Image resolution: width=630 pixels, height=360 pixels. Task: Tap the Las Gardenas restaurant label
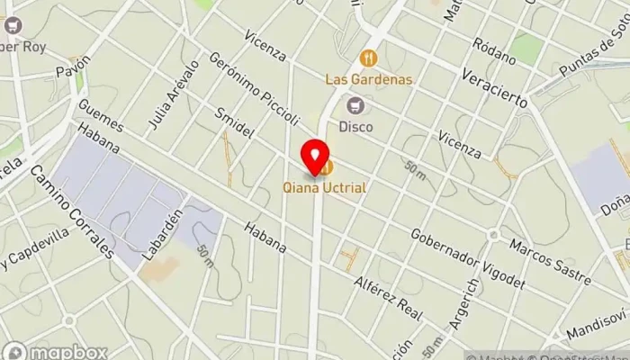369,79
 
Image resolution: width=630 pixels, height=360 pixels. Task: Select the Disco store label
355,127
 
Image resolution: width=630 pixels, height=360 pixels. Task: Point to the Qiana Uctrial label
326,190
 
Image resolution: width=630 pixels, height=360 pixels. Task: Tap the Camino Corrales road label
74,211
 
